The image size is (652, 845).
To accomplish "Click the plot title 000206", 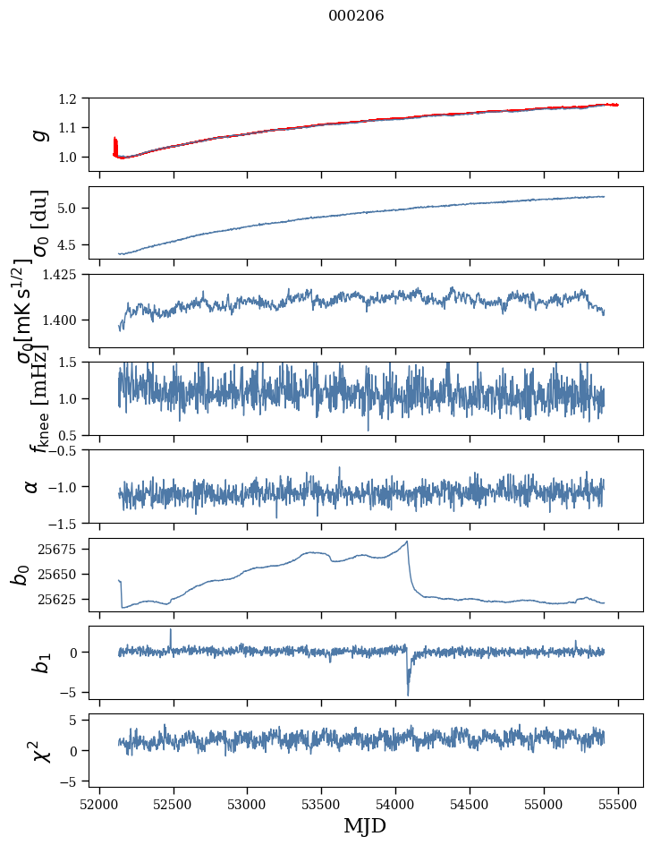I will pyautogui.click(x=356, y=16).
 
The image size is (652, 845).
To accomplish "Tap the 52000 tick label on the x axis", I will pyautogui.click(x=99, y=804).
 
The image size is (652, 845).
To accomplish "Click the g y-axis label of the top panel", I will pyautogui.click(x=38, y=134).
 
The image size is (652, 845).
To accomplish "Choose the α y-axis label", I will pyautogui.click(x=33, y=486).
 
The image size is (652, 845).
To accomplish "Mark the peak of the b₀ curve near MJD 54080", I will pyautogui.click(x=407, y=542).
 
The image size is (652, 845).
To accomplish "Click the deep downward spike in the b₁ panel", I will pyautogui.click(x=408, y=694).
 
